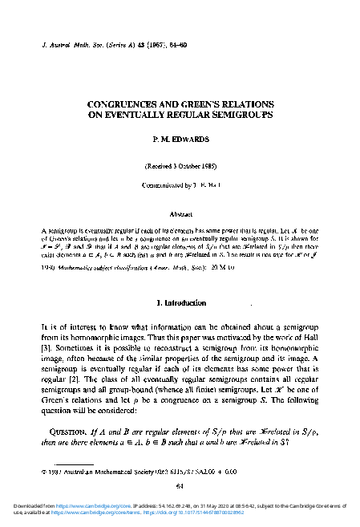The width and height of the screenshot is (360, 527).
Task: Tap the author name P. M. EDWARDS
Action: click(180, 140)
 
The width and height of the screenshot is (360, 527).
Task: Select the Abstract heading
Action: click(180, 215)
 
